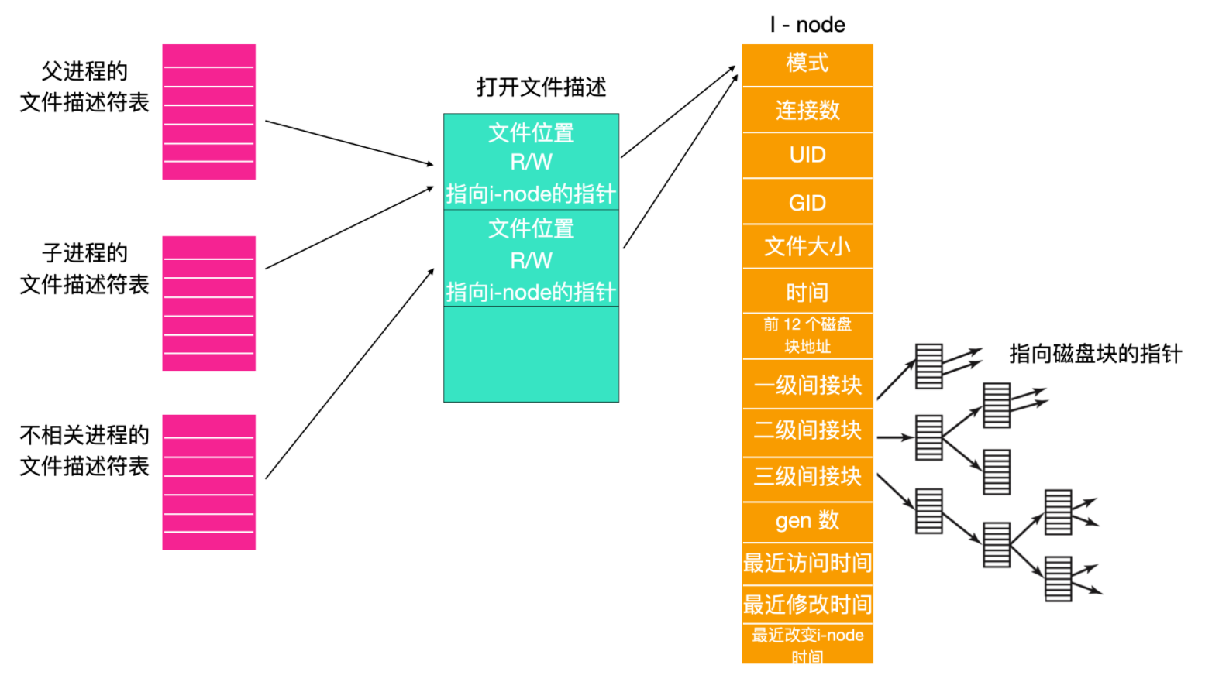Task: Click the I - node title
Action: [x=807, y=25]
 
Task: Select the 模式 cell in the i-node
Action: [x=807, y=63]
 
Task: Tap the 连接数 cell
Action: [x=807, y=110]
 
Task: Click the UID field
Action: [x=807, y=156]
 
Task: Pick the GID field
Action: [x=807, y=203]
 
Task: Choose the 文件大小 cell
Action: [x=807, y=247]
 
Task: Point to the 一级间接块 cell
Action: [x=807, y=385]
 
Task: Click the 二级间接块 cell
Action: [x=807, y=430]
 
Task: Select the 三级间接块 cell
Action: [x=807, y=477]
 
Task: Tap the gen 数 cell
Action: [x=807, y=521]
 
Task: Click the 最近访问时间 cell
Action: [x=807, y=563]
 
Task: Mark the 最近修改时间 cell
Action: [x=807, y=604]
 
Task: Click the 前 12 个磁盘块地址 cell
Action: [x=807, y=335]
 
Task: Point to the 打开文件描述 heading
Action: [x=541, y=87]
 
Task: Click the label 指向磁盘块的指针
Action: [x=1094, y=355]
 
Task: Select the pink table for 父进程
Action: [x=208, y=112]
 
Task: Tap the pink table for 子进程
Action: [x=208, y=303]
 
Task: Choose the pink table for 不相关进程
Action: [x=208, y=482]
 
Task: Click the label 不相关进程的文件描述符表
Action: [x=84, y=451]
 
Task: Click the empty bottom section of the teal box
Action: [x=531, y=354]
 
